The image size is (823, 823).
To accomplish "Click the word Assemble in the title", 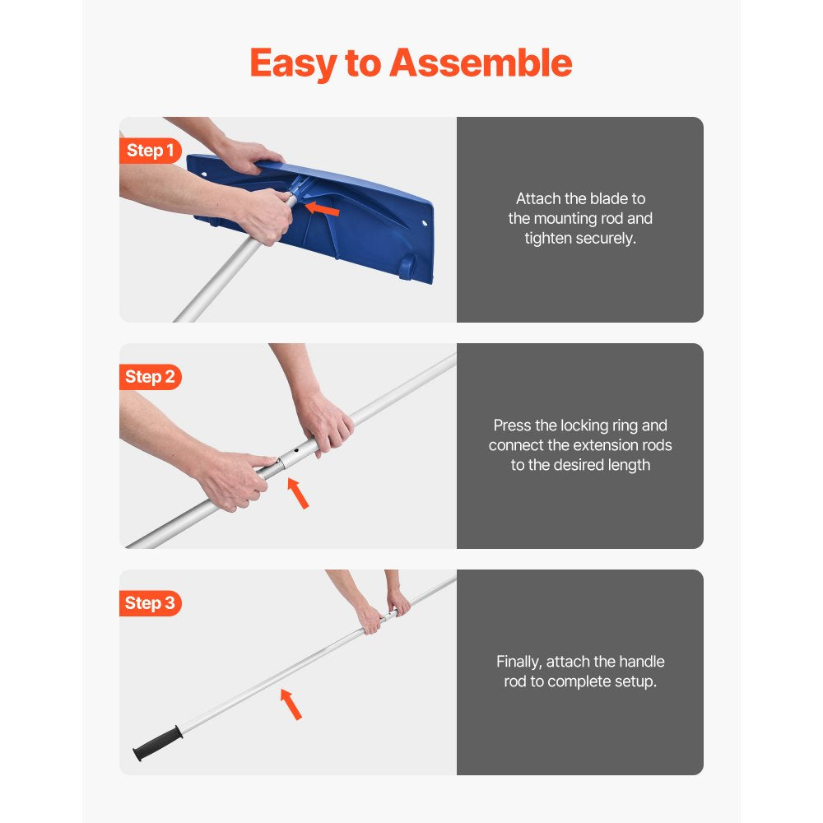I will (x=481, y=63).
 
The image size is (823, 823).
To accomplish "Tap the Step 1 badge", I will (x=150, y=151).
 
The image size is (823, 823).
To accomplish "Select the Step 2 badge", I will (x=150, y=377).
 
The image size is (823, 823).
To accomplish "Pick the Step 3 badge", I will (x=150, y=603).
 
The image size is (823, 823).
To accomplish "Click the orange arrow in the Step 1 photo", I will (x=323, y=211).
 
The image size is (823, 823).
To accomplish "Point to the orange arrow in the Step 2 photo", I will (x=298, y=493).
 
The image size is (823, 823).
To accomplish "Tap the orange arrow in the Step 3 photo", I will (x=291, y=704).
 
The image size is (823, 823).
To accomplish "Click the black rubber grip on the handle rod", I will (x=156, y=742).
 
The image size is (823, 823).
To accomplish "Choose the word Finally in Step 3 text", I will (x=520, y=662).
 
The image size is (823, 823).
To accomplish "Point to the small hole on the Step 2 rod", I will (x=295, y=452).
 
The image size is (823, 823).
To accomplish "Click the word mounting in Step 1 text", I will (x=568, y=218).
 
